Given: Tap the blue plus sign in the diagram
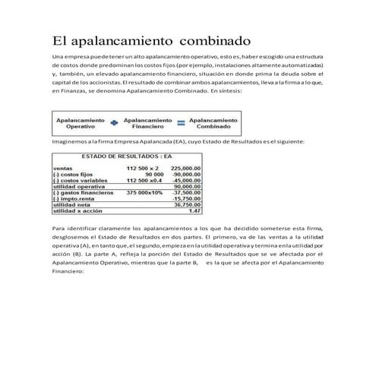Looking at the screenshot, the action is click(113, 124).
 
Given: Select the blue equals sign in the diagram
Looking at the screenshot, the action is click(181, 124).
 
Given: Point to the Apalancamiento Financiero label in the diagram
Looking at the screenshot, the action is click(147, 124).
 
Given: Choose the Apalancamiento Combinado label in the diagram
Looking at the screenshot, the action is click(213, 124).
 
